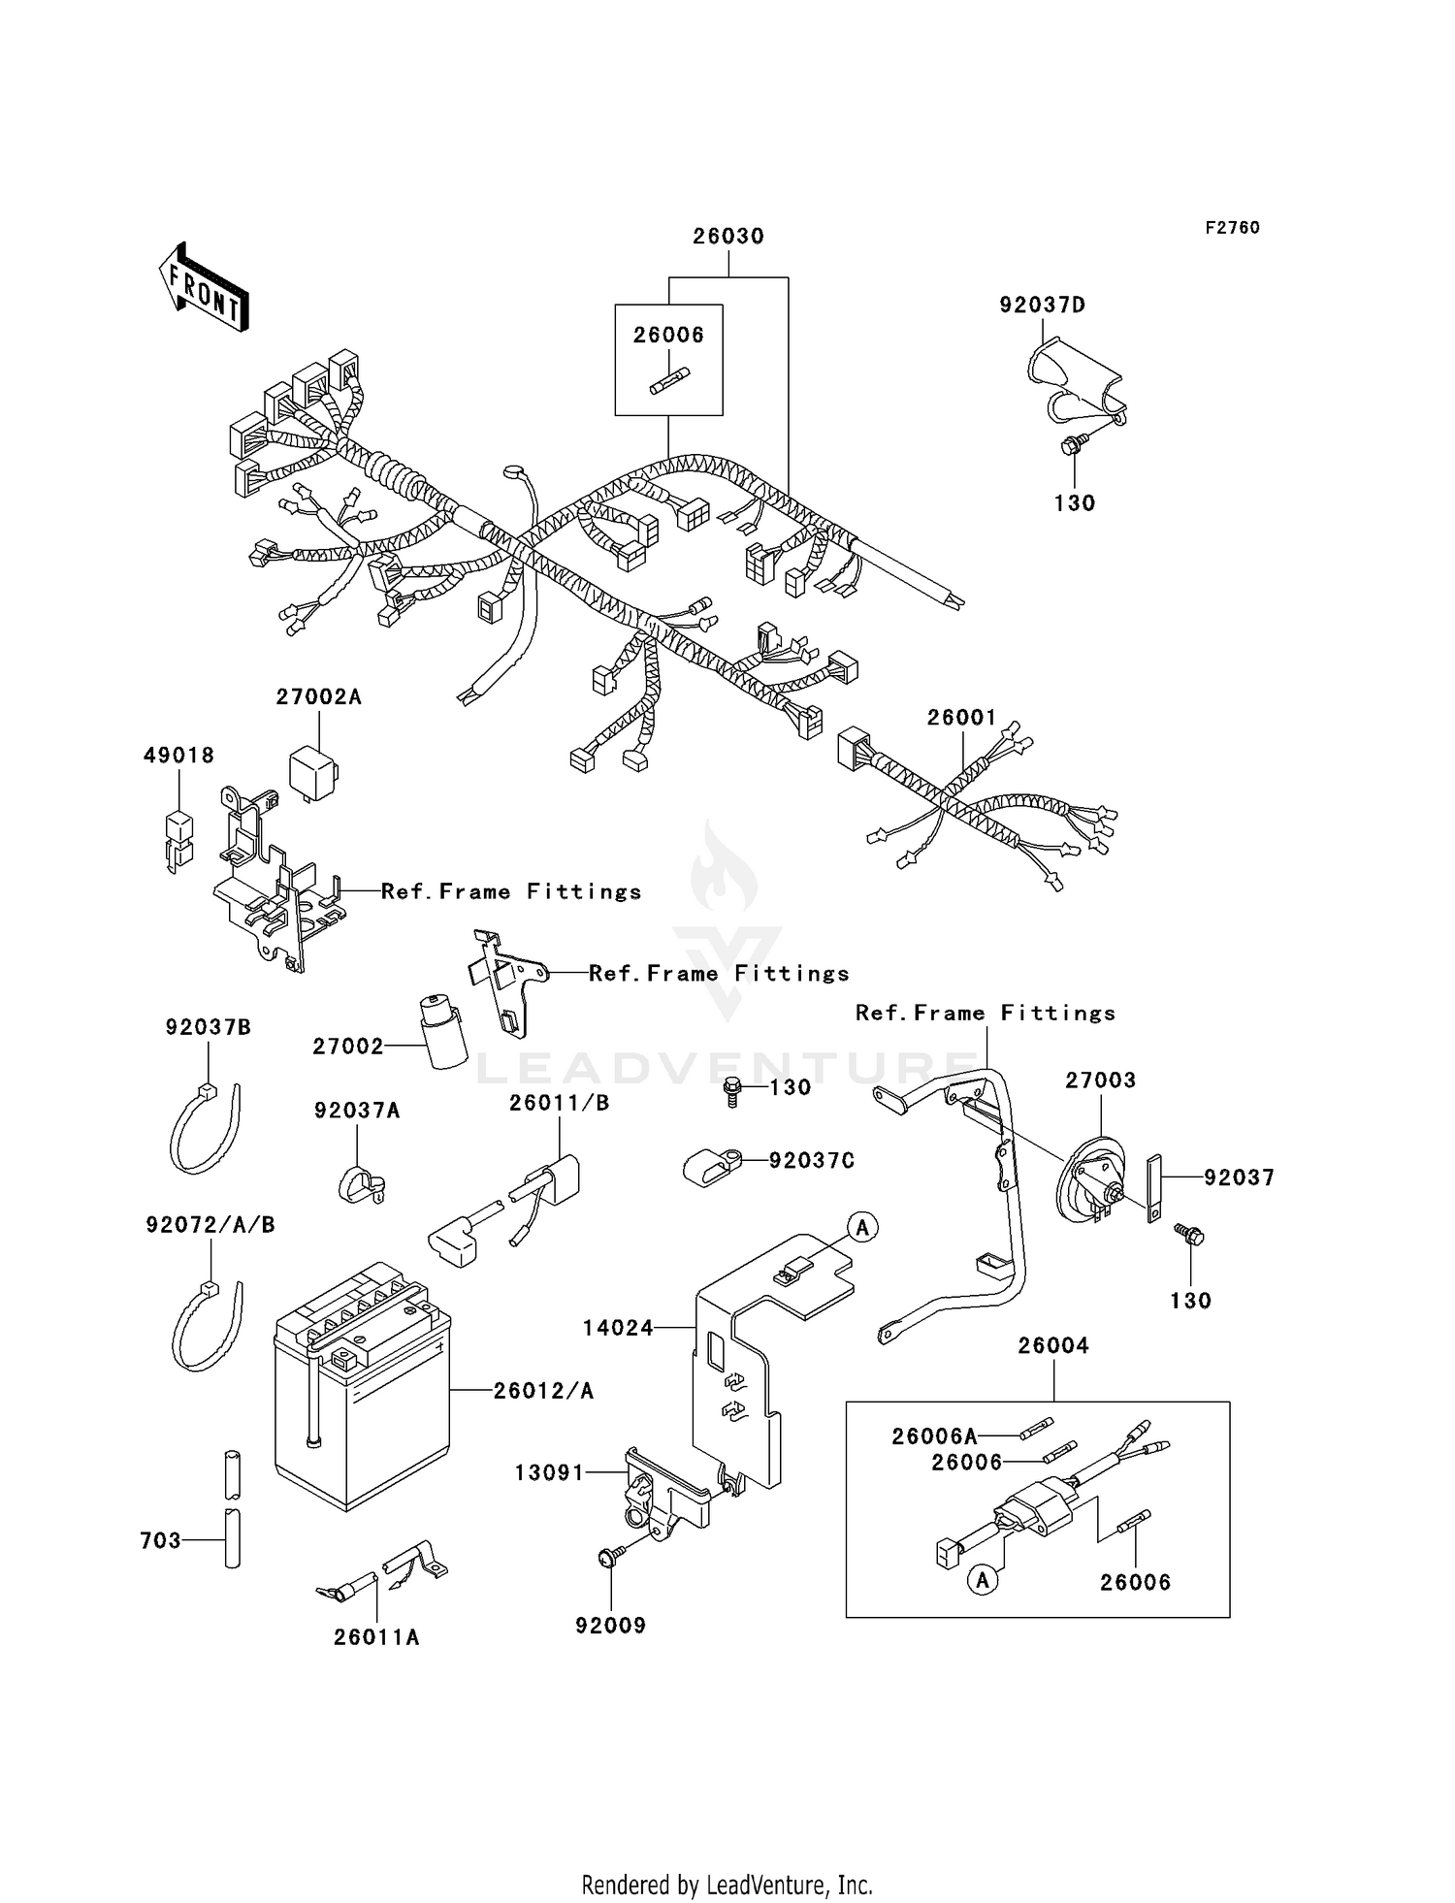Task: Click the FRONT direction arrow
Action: pos(204,287)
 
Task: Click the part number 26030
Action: pos(727,236)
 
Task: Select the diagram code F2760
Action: pos(1232,227)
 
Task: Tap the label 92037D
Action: pos(1043,305)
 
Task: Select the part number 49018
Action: pos(178,755)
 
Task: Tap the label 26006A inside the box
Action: pos(934,1435)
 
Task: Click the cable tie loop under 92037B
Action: pos(205,1129)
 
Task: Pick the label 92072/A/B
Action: pos(210,1225)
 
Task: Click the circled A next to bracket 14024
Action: pos(862,1227)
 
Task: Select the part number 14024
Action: pos(618,1328)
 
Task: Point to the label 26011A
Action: pos(376,1636)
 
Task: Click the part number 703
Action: pos(160,1539)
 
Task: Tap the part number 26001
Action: pos(961,717)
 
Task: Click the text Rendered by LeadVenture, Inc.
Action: pos(727,1885)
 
